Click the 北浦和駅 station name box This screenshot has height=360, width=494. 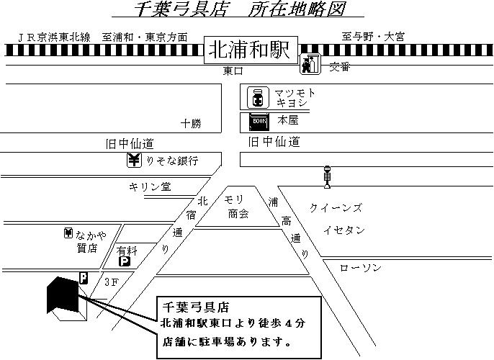[x=248, y=50]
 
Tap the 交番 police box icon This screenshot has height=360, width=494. [x=310, y=64]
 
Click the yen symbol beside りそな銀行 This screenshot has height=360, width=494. [x=135, y=160]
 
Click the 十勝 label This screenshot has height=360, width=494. [x=191, y=123]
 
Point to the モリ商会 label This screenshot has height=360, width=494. [x=237, y=206]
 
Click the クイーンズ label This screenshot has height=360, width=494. [x=336, y=208]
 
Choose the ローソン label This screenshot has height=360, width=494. [x=360, y=268]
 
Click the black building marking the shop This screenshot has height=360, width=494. [x=63, y=295]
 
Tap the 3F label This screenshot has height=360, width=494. [x=110, y=282]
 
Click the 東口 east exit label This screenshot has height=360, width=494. [x=233, y=71]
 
